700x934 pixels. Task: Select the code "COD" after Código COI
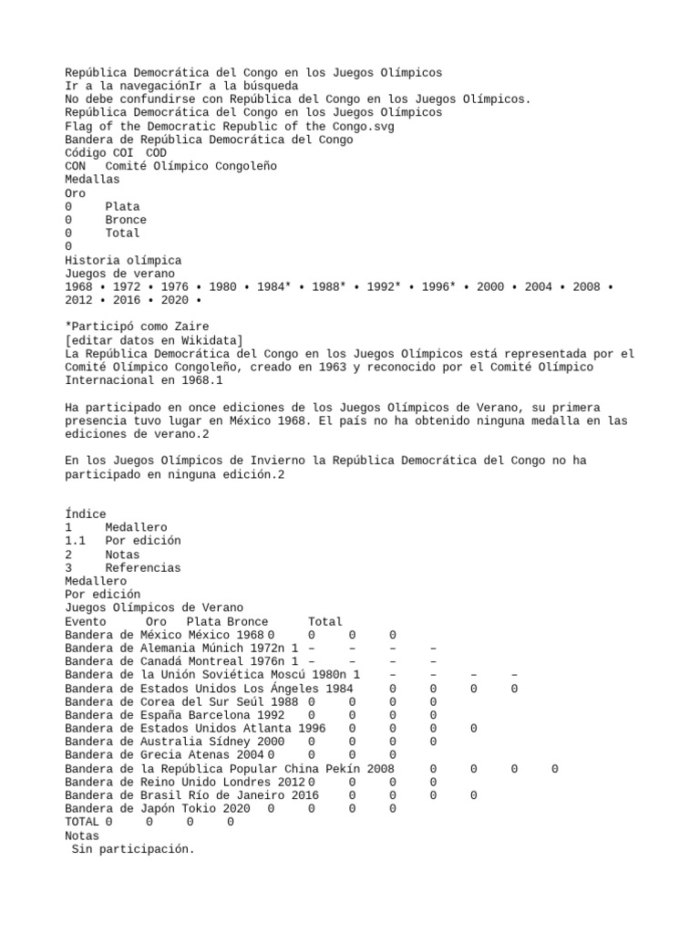[156, 152]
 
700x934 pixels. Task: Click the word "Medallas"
[92, 180]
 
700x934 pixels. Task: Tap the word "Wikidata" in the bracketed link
[209, 339]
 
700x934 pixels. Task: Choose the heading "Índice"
[86, 514]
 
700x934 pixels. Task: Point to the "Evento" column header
[86, 621]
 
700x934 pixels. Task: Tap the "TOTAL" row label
[82, 822]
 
